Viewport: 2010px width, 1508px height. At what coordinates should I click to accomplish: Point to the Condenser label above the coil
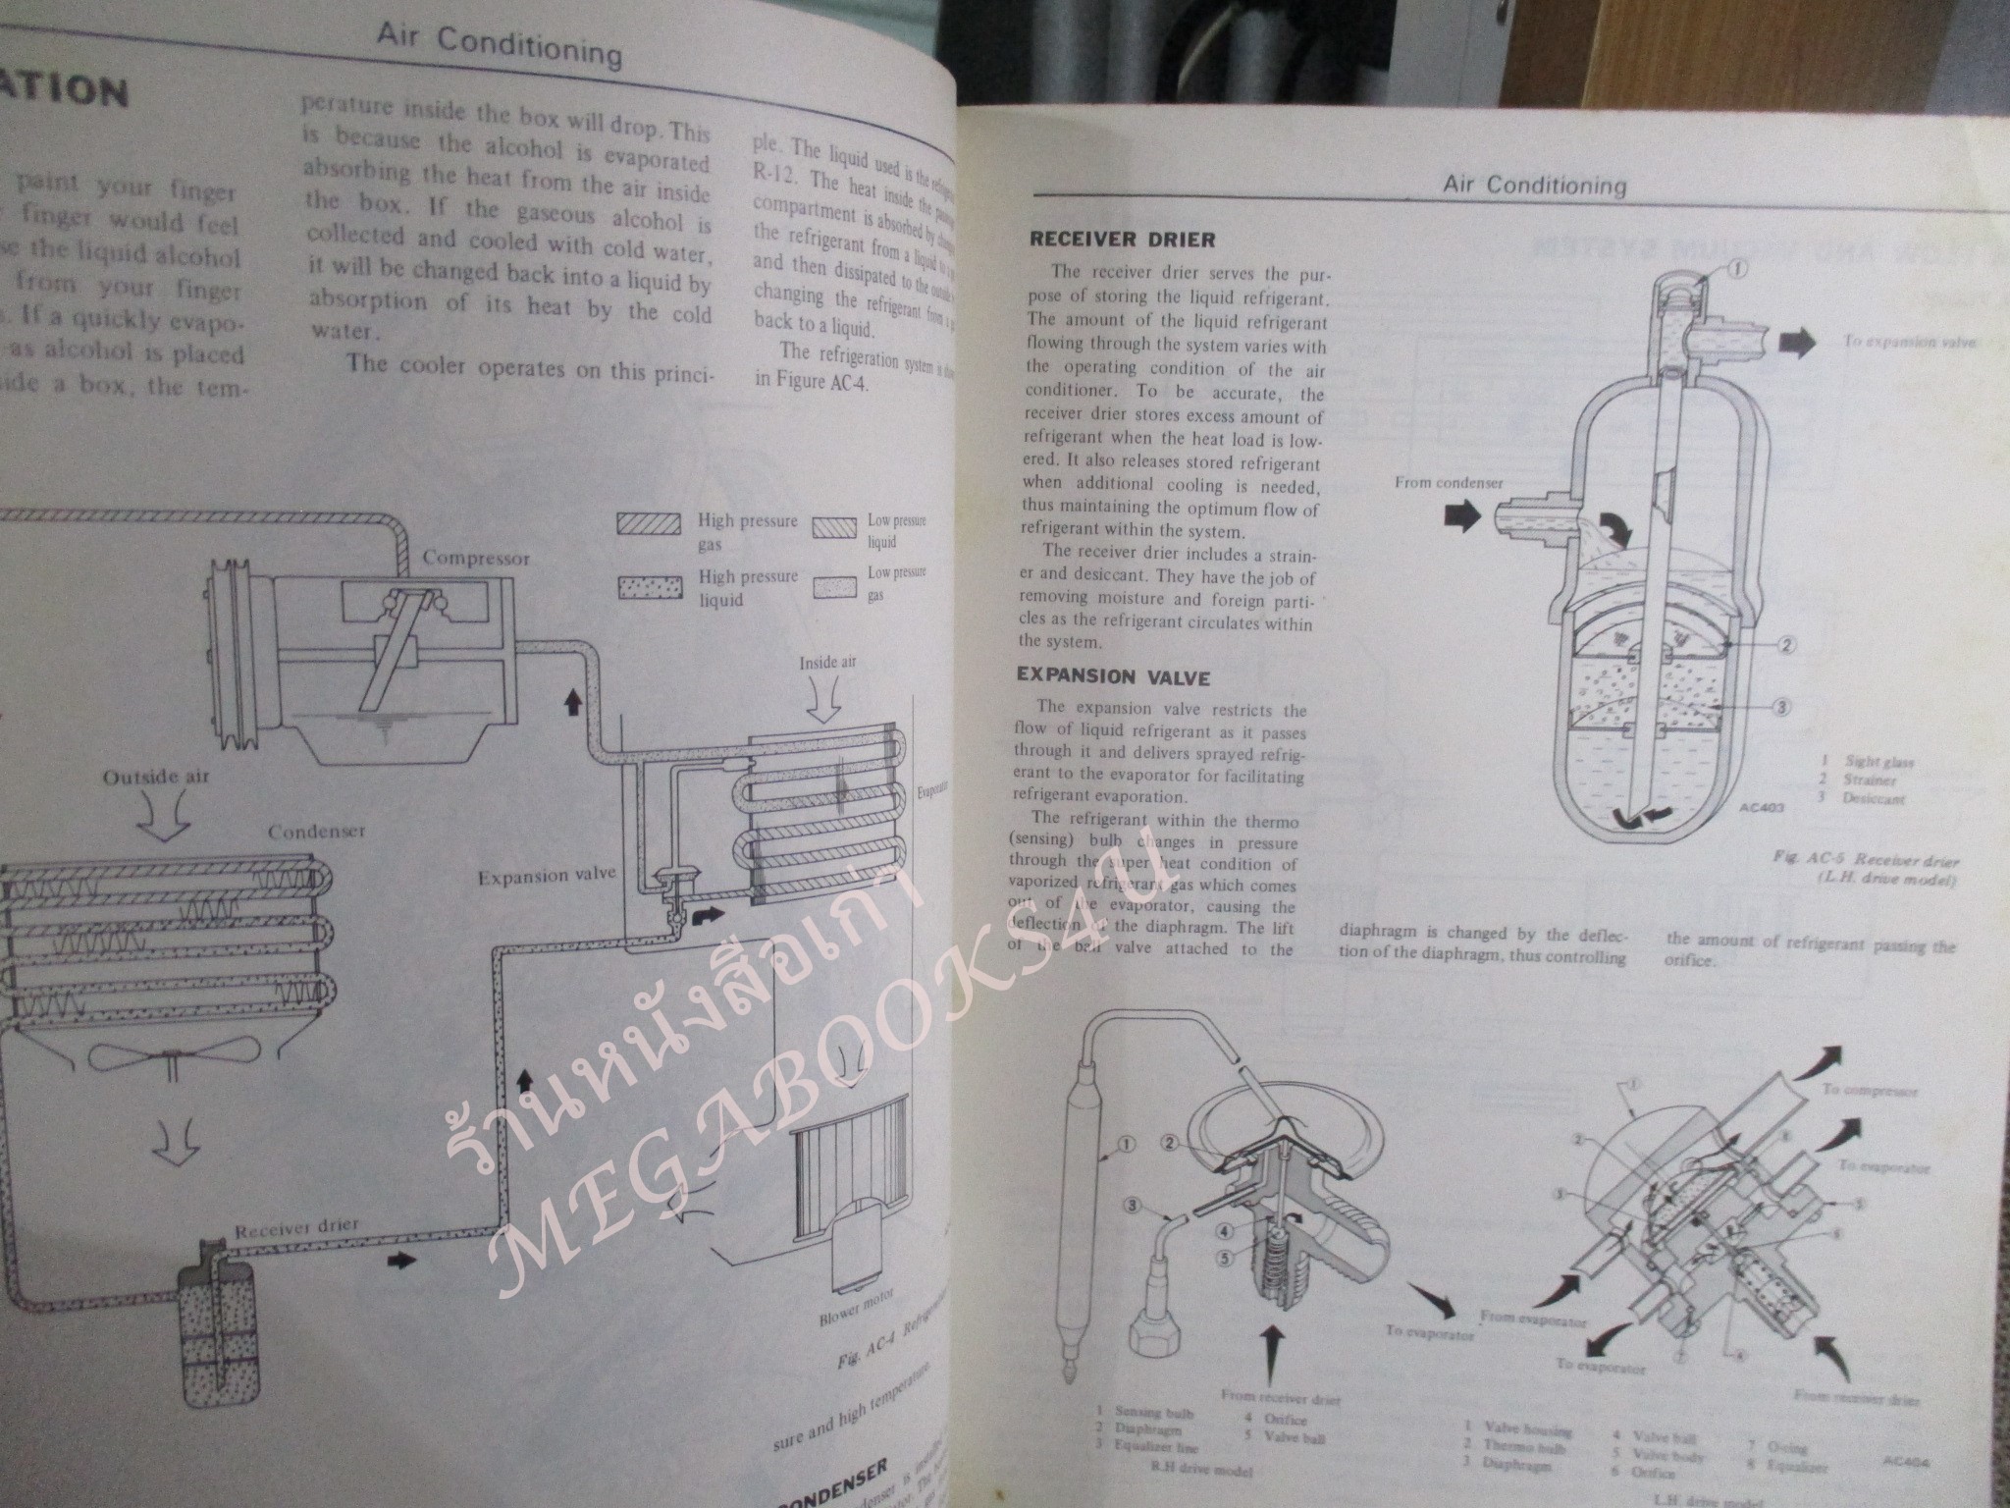click(316, 831)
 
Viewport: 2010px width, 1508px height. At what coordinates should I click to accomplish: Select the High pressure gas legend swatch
click(649, 524)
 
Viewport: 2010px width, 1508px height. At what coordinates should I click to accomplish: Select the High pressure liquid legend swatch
click(649, 586)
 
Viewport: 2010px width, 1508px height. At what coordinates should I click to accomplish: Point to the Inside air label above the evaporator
click(826, 662)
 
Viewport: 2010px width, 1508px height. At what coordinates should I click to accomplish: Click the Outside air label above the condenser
click(156, 777)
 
